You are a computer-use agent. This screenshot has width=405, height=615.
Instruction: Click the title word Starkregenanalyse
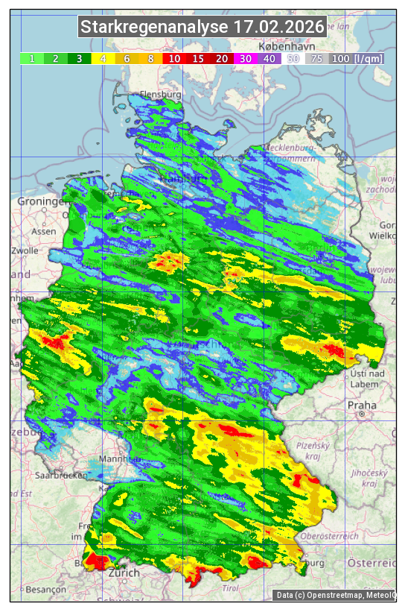click(x=154, y=28)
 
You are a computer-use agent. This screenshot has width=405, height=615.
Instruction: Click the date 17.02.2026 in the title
click(x=278, y=28)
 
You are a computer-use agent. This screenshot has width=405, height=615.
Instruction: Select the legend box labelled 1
click(x=32, y=58)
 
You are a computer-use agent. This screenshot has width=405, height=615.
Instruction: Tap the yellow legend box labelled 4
click(x=103, y=58)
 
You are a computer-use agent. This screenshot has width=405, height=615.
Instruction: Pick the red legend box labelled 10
click(x=174, y=58)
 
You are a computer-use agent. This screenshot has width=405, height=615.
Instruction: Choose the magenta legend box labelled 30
click(x=245, y=58)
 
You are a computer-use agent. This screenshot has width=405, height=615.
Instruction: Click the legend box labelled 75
click(x=316, y=58)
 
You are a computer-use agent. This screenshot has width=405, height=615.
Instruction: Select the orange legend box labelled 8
click(x=150, y=58)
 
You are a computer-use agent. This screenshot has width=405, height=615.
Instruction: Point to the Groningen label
click(x=42, y=202)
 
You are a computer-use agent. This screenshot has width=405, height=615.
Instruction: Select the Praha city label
click(x=362, y=405)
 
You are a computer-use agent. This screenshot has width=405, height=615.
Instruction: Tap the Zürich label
click(x=124, y=573)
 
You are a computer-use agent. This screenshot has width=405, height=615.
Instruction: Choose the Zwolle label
click(x=25, y=250)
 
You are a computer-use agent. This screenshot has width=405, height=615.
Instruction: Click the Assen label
click(x=45, y=231)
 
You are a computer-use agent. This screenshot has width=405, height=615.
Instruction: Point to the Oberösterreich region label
click(x=330, y=536)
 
